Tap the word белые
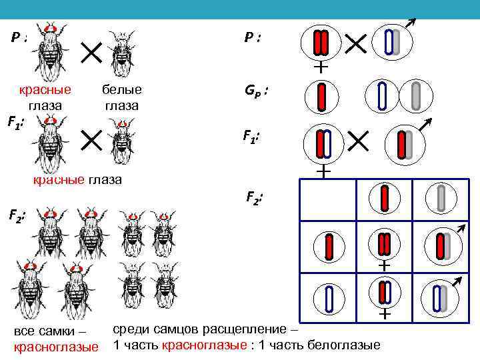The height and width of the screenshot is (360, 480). pyautogui.click(x=122, y=90)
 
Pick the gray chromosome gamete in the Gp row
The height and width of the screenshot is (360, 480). pyautogui.click(x=417, y=95)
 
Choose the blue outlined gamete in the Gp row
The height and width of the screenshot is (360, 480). pyautogui.click(x=382, y=95)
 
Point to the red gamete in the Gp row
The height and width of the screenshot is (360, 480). pyautogui.click(x=322, y=95)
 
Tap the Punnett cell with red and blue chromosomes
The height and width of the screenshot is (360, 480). pyautogui.click(x=385, y=296)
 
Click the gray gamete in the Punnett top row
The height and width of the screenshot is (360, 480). pyautogui.click(x=441, y=199)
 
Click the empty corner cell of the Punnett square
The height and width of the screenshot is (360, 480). pyautogui.click(x=329, y=199)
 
